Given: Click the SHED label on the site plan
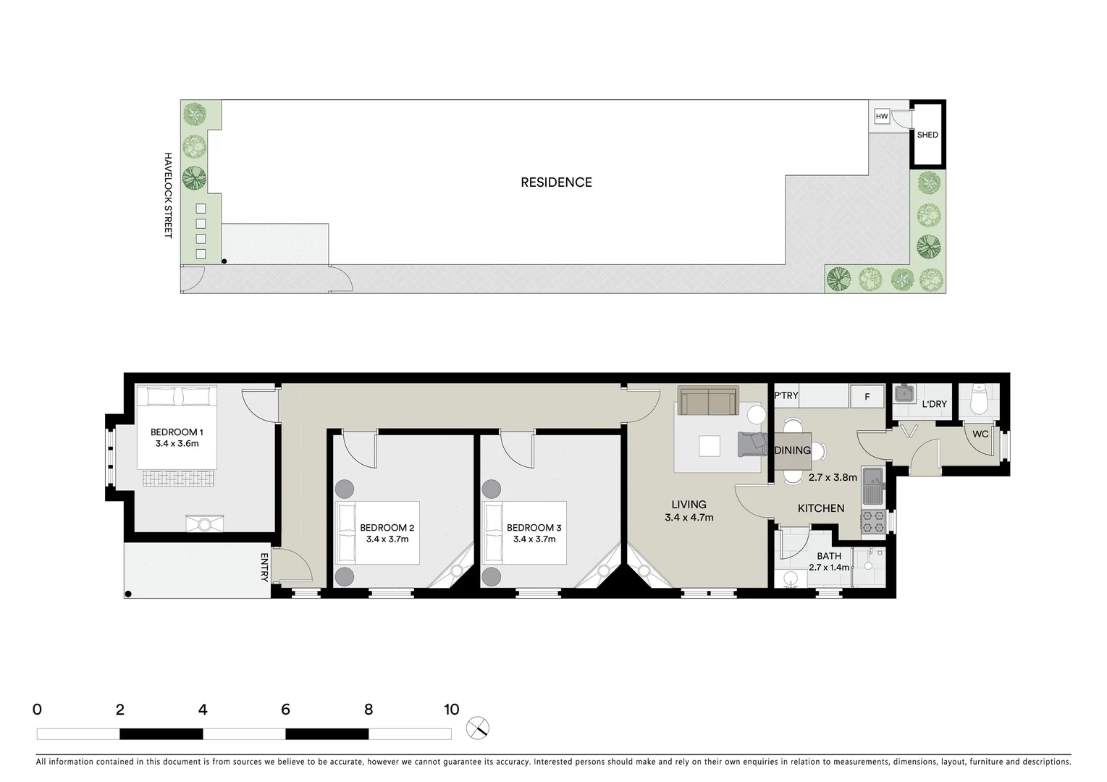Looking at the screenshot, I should coord(927,135).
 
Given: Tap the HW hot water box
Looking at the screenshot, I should coord(881,117).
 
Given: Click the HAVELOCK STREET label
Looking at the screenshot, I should coord(168,195).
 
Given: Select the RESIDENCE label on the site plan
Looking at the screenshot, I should coord(556,182).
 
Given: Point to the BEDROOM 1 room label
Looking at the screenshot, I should coord(177,432).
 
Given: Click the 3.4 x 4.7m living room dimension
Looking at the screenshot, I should coord(689,518).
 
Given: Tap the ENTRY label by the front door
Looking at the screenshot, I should coord(264,567).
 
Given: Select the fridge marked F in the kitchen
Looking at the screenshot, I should coord(867,397).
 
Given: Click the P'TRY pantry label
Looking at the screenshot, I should coord(786,395).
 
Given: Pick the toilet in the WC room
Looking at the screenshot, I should coord(978,400).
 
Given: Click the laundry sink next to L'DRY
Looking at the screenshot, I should coord(904,394).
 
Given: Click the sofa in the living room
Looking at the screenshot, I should coord(707,400).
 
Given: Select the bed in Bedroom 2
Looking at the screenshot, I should coord(377,532).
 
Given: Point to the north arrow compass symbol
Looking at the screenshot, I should coord(478,728).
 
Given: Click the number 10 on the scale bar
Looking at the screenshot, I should coord(451,710).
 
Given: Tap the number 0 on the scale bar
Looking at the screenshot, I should coord(38,710).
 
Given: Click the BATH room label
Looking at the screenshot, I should coord(829,556).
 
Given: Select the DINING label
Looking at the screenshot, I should coord(792,450).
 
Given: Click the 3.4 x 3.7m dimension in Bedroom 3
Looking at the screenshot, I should coord(534,539).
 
